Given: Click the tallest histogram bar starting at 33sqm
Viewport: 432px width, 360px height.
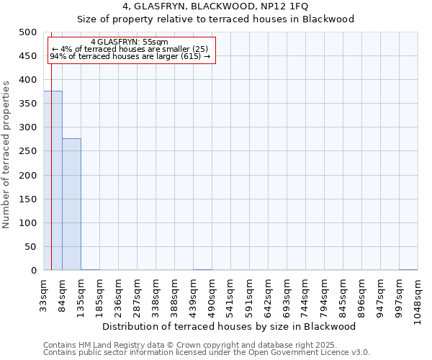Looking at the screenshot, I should tap(53, 181).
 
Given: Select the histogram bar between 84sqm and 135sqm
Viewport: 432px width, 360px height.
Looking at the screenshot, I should tap(71, 204).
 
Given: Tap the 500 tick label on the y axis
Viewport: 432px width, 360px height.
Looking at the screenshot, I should tap(27, 32).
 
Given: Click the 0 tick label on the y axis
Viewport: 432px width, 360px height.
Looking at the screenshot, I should tap(33, 271).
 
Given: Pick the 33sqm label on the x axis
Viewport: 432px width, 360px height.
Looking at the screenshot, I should tap(44, 293).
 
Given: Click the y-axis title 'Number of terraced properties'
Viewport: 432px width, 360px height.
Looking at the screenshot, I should tap(7, 154).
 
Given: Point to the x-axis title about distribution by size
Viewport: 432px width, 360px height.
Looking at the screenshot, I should tap(230, 326).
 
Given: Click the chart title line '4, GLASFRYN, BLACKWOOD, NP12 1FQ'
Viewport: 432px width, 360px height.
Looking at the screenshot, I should tap(215, 6).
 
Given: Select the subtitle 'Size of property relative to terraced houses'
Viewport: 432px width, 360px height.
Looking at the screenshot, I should tap(215, 19).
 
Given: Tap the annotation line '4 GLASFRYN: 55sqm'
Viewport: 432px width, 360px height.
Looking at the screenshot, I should tap(130, 42).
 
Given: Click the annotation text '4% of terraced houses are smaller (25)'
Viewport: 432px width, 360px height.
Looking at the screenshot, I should tap(130, 49).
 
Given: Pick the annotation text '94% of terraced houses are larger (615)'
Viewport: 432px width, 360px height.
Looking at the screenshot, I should tap(130, 56).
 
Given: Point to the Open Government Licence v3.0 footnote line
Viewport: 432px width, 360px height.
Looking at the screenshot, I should tap(207, 352).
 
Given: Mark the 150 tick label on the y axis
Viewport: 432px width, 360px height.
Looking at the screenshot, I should tap(27, 199).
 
